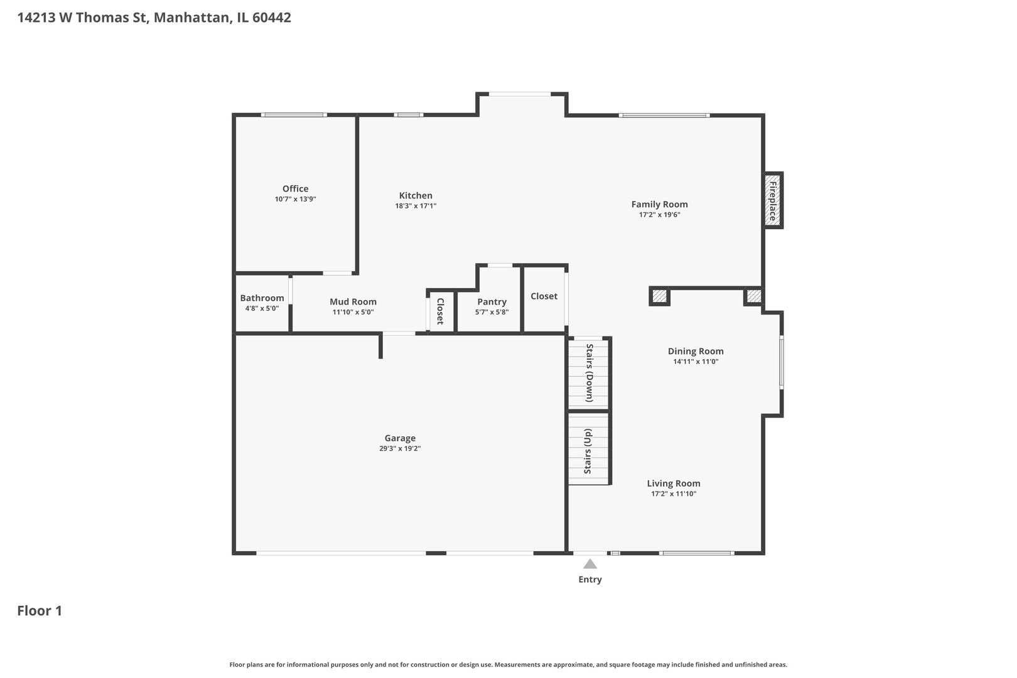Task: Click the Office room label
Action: [x=295, y=188]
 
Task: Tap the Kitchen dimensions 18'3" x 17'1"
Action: [x=416, y=206]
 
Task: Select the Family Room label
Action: [x=659, y=204]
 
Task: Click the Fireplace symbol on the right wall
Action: [x=773, y=200]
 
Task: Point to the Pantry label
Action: [x=492, y=301]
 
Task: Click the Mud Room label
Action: [x=353, y=301]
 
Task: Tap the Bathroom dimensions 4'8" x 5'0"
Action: [x=262, y=309]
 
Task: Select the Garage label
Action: [x=400, y=438]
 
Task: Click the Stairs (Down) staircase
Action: [x=589, y=373]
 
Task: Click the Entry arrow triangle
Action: [x=589, y=564]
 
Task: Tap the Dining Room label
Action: [x=696, y=351]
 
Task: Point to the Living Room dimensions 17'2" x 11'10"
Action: [x=674, y=494]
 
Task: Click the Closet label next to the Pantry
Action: [x=544, y=296]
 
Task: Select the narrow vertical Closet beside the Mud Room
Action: [x=440, y=311]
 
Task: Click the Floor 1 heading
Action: [x=40, y=611]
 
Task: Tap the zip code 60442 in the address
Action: [x=271, y=18]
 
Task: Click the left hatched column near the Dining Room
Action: [x=659, y=296]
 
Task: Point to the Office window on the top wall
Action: [x=294, y=115]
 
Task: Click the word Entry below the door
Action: [x=589, y=579]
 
